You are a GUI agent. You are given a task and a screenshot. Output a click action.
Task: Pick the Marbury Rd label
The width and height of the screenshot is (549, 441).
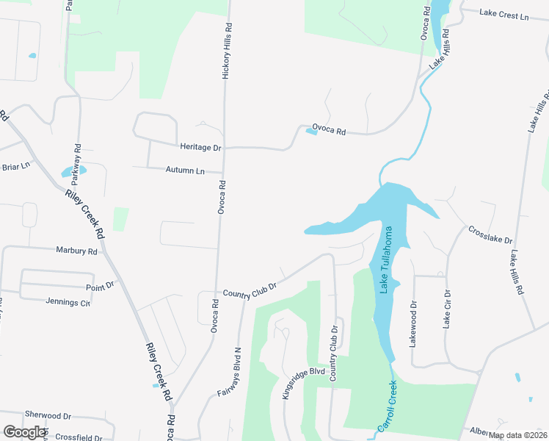pos(77,251)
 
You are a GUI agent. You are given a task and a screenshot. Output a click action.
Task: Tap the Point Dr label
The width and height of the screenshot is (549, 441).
pos(101,285)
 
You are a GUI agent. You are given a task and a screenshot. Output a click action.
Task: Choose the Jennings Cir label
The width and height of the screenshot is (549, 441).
pos(68,301)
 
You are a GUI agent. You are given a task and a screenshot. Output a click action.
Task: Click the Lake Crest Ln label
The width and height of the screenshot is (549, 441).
pos(504,15)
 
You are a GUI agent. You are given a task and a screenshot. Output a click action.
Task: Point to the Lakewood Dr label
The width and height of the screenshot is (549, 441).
pos(413,323)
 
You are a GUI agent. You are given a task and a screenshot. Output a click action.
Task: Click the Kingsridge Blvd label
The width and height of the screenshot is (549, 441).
pos(302,383)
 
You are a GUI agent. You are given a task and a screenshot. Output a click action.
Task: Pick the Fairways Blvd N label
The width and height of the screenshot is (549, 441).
pos(229,373)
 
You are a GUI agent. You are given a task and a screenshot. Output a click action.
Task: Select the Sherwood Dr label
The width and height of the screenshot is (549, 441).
pos(47,415)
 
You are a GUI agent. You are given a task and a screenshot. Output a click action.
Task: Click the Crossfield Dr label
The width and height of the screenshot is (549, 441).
pos(78,437)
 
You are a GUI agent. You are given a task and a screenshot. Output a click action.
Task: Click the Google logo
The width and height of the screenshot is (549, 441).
pos(24,432)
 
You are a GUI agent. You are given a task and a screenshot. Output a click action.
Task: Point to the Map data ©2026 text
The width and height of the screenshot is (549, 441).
pos(518,435)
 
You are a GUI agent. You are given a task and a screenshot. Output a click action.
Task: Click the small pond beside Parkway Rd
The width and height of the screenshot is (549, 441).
pos(74,172)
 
